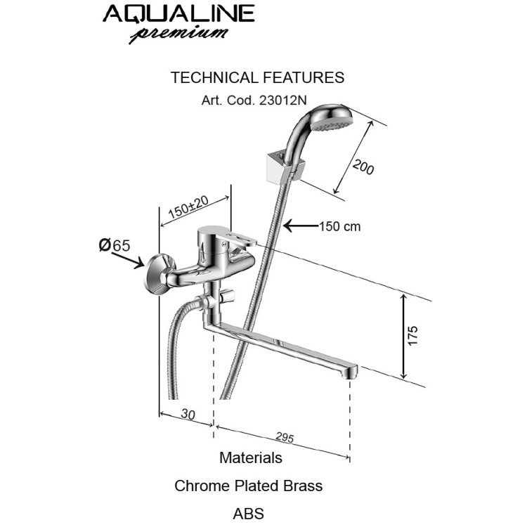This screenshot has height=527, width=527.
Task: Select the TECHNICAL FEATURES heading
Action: click(x=257, y=77)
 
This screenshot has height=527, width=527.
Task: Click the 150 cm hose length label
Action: click(x=340, y=226)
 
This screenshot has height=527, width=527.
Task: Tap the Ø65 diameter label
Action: click(x=115, y=245)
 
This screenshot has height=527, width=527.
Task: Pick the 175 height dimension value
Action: click(x=413, y=335)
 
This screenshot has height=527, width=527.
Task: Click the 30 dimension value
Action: click(x=188, y=415)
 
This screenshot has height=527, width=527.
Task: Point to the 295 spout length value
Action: click(x=284, y=437)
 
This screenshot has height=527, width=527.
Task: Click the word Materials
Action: click(x=251, y=458)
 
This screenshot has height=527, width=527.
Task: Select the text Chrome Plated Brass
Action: click(x=249, y=486)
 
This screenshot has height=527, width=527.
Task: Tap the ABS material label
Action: click(x=249, y=513)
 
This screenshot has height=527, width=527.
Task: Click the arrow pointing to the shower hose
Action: click(x=300, y=226)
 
